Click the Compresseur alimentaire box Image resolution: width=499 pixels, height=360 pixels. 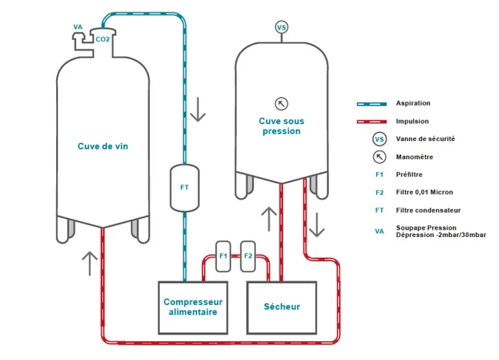[193, 307]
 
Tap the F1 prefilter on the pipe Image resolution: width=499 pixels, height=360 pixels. [224, 256]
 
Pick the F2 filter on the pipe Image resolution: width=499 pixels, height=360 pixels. [248, 256]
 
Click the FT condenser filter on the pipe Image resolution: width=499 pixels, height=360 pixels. [184, 188]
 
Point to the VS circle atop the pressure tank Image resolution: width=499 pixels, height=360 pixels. [282, 27]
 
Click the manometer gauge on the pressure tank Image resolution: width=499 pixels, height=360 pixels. [282, 104]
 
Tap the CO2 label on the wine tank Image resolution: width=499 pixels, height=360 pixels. [102, 39]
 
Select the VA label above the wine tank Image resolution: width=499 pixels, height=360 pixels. [78, 27]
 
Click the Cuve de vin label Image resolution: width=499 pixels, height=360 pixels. [102, 146]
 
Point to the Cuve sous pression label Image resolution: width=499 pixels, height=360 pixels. [281, 126]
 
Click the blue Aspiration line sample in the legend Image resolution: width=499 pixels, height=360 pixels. [371, 104]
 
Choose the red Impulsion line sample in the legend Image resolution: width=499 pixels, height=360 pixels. [371, 122]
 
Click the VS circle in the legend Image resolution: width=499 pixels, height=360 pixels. [379, 140]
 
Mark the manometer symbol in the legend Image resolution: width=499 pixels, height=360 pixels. [379, 157]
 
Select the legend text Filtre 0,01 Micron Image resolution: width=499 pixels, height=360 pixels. [424, 192]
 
